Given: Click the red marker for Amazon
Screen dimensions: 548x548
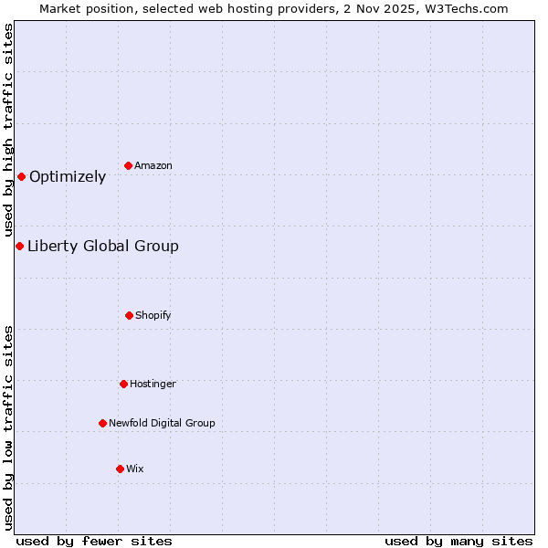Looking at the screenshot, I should (129, 165).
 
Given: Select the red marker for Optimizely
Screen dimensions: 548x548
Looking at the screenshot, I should (21, 176).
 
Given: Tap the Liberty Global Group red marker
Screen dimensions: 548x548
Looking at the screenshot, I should (19, 246).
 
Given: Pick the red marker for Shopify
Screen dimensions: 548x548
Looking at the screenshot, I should (129, 315).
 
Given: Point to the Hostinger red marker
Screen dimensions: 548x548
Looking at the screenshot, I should (123, 384).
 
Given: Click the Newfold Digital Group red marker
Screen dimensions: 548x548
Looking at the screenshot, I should (102, 423).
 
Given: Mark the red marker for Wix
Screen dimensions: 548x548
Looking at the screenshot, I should (120, 469).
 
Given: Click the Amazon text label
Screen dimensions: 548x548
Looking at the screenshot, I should (153, 165).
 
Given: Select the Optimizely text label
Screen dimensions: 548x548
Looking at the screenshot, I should (68, 177).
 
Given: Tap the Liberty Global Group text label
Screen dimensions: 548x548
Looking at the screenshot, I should (103, 246).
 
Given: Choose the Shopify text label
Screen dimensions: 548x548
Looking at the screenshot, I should (153, 315).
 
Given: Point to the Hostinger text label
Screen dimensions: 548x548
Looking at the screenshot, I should (153, 384).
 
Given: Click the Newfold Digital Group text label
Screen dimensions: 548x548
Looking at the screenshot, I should (162, 423).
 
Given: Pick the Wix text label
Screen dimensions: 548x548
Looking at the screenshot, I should (135, 469).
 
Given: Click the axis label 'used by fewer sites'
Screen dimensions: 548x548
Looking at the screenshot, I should (94, 541).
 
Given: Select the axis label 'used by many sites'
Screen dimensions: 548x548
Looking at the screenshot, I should (458, 541).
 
